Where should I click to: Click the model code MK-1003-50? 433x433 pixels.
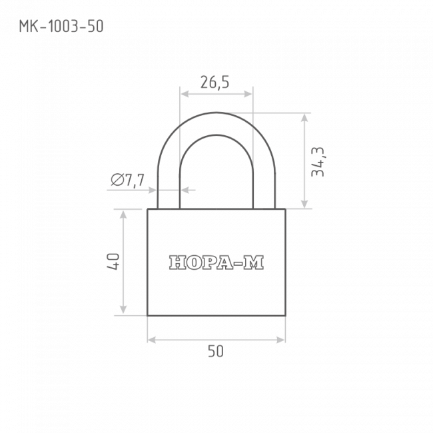[61, 27]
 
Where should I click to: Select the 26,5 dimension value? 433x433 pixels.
[215, 83]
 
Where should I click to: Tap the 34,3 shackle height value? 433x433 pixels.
[318, 162]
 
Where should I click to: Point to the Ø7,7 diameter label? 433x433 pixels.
[128, 180]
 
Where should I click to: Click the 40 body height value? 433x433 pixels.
[113, 262]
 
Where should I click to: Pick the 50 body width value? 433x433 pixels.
[216, 351]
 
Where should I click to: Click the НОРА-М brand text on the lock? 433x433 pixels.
[217, 262]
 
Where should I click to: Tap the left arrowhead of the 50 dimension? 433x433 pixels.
[152, 340]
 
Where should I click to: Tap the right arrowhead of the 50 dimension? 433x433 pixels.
[280, 340]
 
